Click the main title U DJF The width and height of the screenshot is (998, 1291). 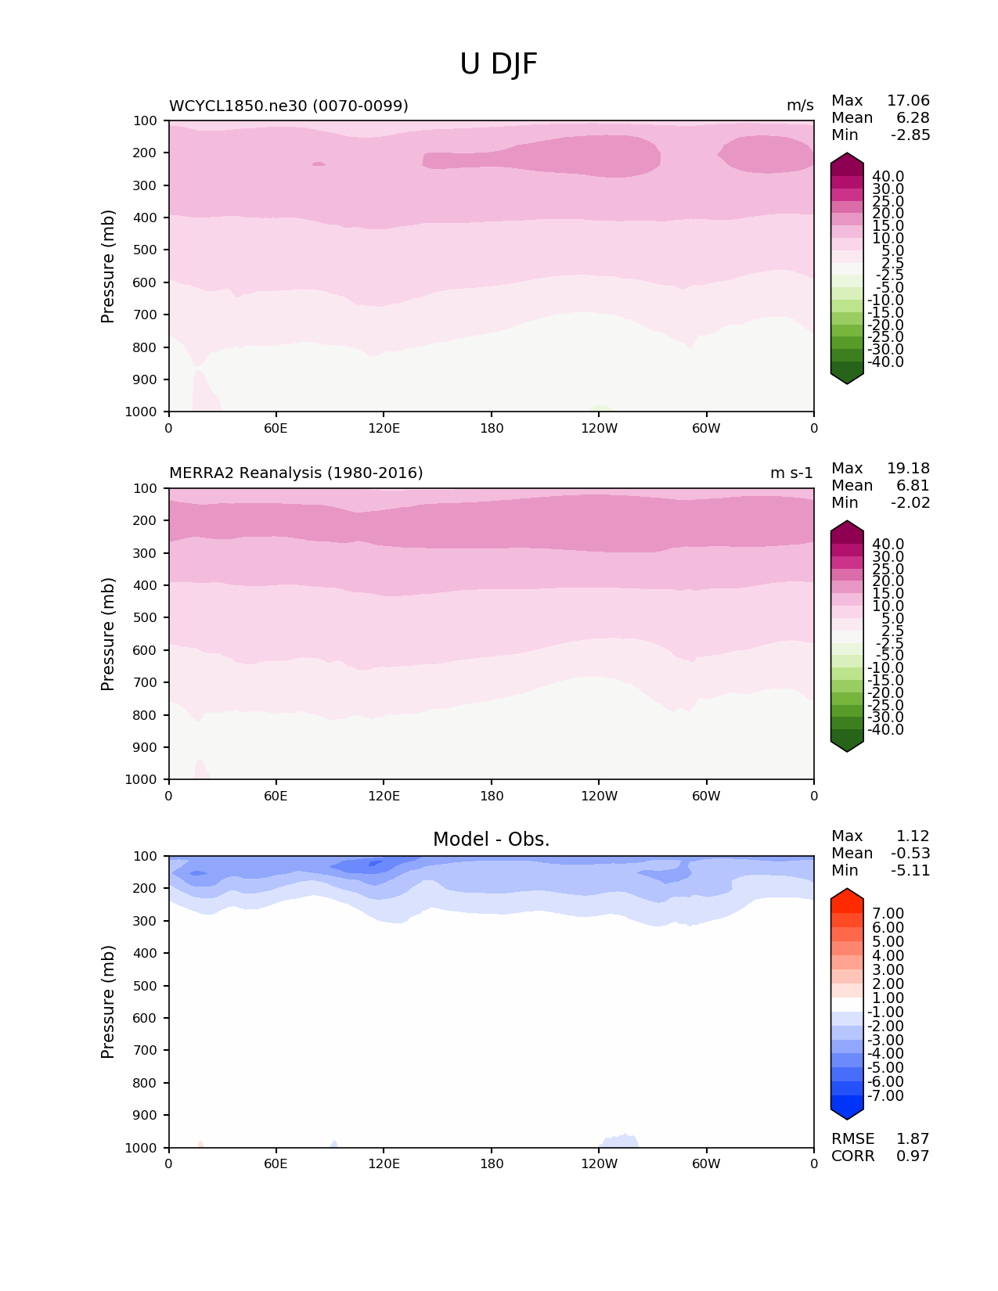[499, 64]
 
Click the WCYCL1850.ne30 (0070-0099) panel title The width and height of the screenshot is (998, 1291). [289, 106]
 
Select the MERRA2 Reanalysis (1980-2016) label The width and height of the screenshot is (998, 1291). [296, 473]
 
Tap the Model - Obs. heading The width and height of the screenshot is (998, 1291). [491, 840]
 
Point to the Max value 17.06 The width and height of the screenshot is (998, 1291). [908, 101]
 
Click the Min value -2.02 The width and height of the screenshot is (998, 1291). [910, 503]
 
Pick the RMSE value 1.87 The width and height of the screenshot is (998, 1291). [913, 1139]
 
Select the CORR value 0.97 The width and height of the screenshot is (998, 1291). [913, 1156]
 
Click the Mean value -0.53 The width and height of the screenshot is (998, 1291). [910, 854]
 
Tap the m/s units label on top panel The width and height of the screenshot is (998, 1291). [800, 106]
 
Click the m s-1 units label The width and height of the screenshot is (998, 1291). [791, 473]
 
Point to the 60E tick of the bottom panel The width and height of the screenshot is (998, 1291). [276, 1163]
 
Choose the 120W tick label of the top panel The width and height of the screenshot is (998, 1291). [599, 428]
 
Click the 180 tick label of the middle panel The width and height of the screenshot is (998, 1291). [492, 796]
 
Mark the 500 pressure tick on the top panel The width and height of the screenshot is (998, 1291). [146, 250]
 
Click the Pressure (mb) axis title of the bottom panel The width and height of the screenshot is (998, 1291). [108, 1002]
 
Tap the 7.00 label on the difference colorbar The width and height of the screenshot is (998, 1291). [888, 914]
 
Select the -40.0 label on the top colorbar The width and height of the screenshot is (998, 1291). [885, 362]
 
